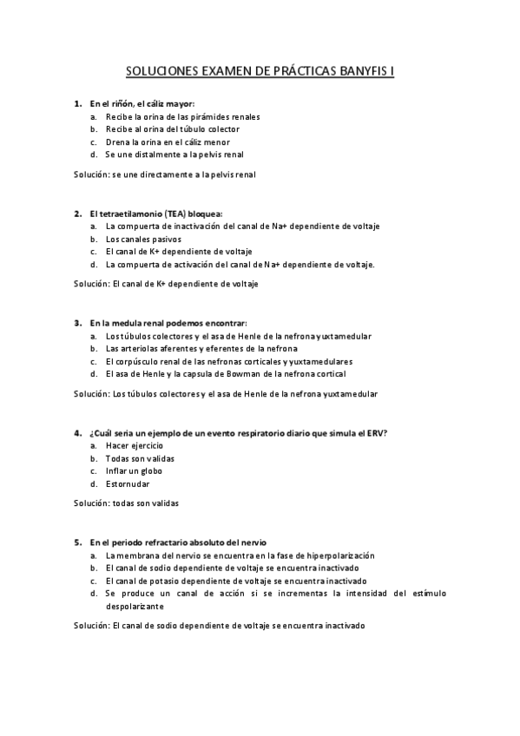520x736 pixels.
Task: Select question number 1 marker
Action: (77, 103)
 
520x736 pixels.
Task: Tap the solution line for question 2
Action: (166, 283)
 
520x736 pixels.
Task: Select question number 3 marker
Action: (77, 323)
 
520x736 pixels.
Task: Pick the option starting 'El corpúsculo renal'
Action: (229, 361)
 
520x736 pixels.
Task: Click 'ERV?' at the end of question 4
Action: (375, 432)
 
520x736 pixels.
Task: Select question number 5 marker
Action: (77, 542)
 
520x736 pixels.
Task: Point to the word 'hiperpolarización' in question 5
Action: (335, 555)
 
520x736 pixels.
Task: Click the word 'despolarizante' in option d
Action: (135, 607)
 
